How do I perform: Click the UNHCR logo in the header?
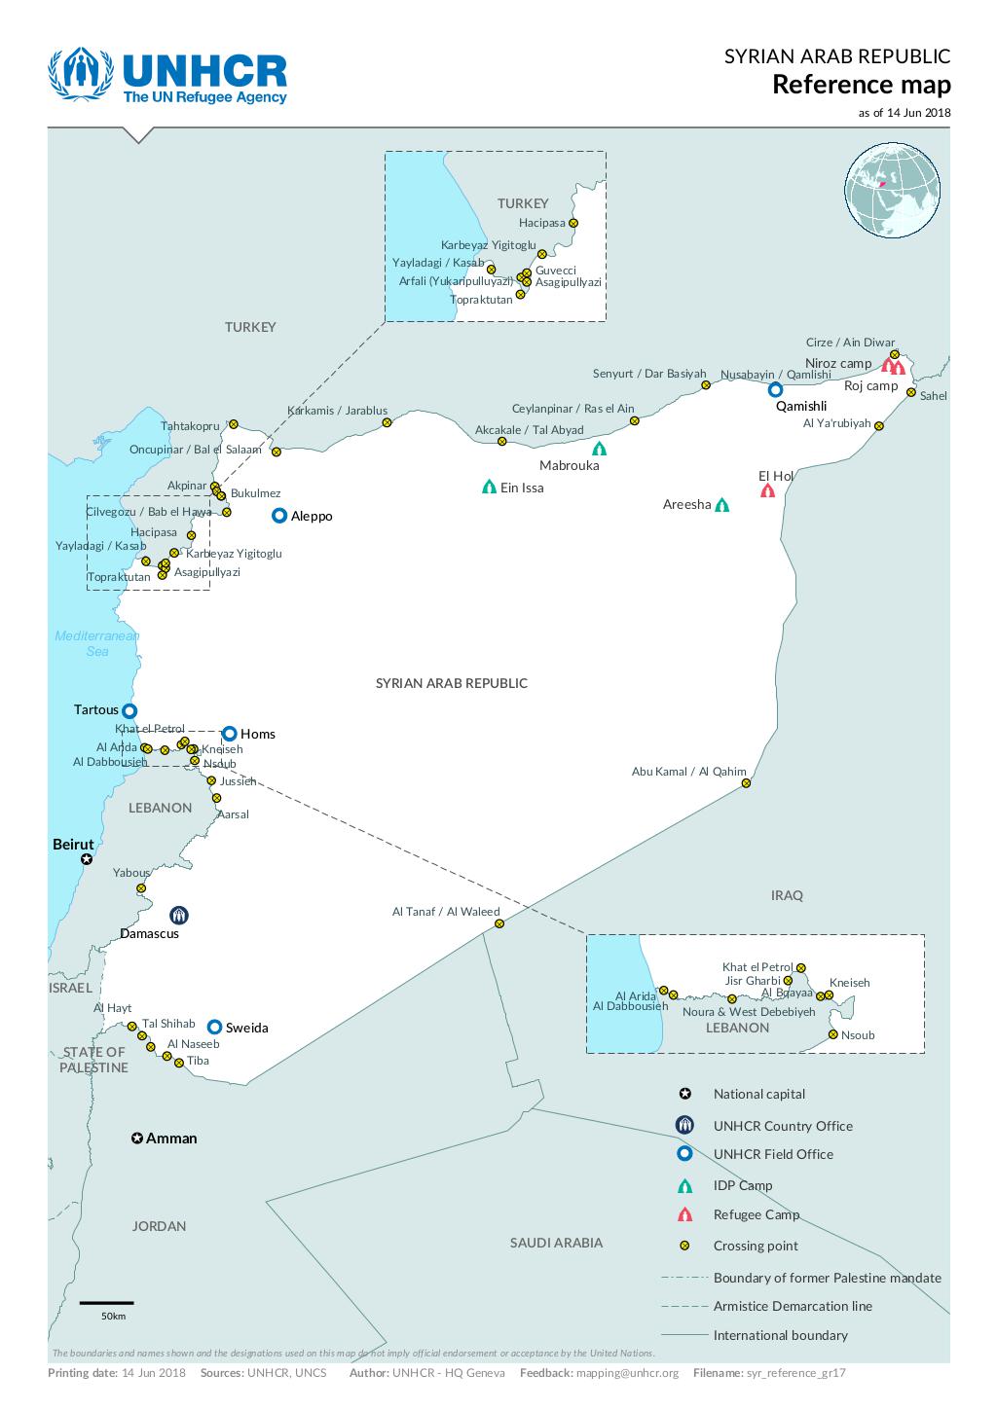pyautogui.click(x=167, y=78)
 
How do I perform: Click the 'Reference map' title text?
pyautogui.click(x=861, y=85)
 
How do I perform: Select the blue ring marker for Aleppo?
pyautogui.click(x=279, y=516)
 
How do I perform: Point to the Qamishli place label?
pyautogui.click(x=800, y=407)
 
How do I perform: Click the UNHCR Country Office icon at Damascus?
pyautogui.click(x=178, y=915)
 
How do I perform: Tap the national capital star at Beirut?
pyautogui.click(x=87, y=859)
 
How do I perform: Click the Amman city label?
pyautogui.click(x=171, y=1139)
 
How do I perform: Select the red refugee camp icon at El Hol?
pyautogui.click(x=767, y=491)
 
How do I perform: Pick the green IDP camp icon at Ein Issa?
pyautogui.click(x=489, y=487)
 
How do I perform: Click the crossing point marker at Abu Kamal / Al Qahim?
pyautogui.click(x=746, y=783)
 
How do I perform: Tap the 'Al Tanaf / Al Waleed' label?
pyautogui.click(x=445, y=912)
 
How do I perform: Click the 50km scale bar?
pyautogui.click(x=106, y=1302)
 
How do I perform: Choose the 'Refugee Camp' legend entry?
pyautogui.click(x=756, y=1214)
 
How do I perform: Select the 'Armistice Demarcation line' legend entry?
pyautogui.click(x=792, y=1306)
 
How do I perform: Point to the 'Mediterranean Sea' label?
pyautogui.click(x=96, y=643)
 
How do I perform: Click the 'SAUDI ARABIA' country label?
pyautogui.click(x=556, y=1243)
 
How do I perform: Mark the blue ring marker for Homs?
pyautogui.click(x=229, y=734)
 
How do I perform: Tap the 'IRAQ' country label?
pyautogui.click(x=787, y=895)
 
